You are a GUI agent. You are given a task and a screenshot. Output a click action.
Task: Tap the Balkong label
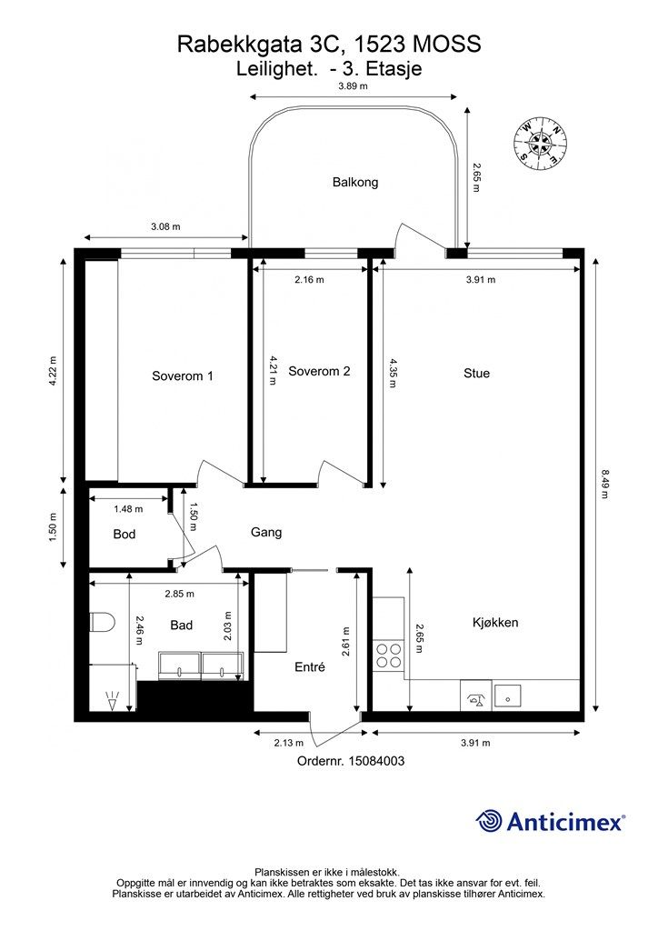(355, 182)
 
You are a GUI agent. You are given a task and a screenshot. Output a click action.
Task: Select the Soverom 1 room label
(182, 375)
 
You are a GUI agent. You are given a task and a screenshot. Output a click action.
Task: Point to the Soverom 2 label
(319, 371)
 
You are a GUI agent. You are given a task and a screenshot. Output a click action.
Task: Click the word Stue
(476, 373)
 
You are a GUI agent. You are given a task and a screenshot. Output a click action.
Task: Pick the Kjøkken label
(495, 622)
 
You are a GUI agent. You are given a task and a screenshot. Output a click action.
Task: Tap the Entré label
(310, 667)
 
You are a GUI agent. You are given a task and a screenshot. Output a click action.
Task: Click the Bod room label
(124, 535)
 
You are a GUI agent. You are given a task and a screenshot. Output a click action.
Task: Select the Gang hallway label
(265, 532)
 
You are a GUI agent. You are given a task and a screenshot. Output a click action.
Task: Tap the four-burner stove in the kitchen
(388, 656)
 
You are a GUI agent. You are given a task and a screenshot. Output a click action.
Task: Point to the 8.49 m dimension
(604, 484)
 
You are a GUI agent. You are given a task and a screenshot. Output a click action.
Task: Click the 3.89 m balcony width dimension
(353, 85)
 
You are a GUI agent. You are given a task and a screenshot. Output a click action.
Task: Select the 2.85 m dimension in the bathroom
(180, 594)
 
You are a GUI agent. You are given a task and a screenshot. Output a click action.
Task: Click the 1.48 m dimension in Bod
(128, 509)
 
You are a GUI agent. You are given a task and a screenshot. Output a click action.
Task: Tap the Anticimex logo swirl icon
(490, 821)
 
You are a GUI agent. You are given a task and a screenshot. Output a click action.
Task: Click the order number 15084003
(376, 761)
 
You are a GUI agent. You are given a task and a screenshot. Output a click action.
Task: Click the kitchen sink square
(508, 696)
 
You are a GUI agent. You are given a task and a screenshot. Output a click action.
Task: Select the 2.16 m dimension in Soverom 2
(309, 279)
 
